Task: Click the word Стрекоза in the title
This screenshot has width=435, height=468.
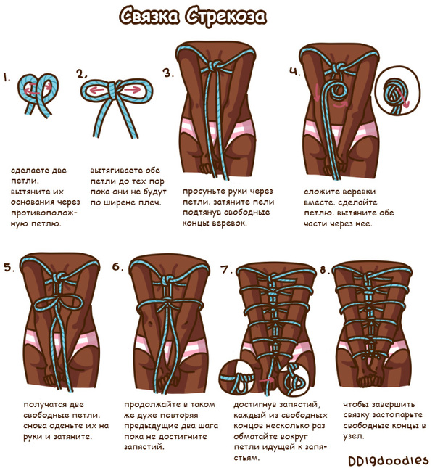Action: coord(225,16)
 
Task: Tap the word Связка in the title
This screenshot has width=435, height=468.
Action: coord(149,15)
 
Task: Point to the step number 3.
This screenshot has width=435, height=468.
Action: coord(168,73)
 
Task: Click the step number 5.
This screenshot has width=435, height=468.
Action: coord(9,268)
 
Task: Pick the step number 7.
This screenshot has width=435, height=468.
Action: coord(226,269)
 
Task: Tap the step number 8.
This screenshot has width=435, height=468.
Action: coord(325,270)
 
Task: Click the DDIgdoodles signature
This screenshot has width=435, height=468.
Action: coord(388,460)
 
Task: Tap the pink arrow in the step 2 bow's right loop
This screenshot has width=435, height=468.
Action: coord(132,89)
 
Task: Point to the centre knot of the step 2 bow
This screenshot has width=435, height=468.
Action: coord(115,89)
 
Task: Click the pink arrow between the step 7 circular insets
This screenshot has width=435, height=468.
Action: coord(267,380)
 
